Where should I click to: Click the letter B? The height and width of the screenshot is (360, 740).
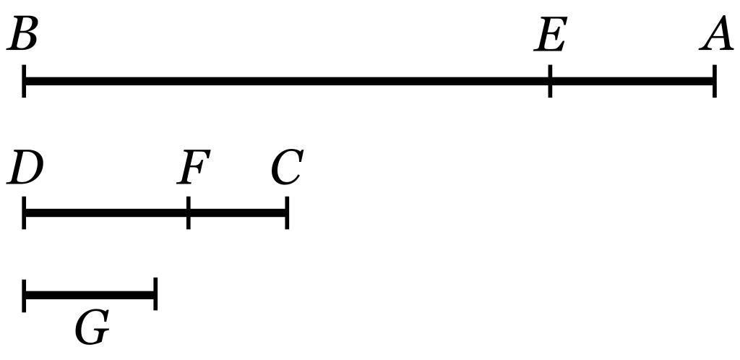pos(22,35)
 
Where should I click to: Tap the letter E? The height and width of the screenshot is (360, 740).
pos(550,35)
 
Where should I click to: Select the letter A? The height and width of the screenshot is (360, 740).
pos(717,35)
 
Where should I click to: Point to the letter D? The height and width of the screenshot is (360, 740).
pos(25,169)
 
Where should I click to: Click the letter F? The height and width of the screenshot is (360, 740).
pos(194,169)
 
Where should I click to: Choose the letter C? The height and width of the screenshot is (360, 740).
pos(287,169)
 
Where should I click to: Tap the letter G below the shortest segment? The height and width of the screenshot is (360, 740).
pos(92,329)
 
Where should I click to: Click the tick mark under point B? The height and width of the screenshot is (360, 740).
pos(25,80)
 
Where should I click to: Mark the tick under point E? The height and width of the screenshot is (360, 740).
pos(550,80)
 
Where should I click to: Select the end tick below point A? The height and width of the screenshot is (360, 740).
pos(714,80)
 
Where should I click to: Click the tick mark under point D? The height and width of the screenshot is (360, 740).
pos(25,213)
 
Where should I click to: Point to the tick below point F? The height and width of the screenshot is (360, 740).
pos(189,213)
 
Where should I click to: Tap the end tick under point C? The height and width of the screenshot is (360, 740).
pos(287,213)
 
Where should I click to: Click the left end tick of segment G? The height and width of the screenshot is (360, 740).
pos(25,295)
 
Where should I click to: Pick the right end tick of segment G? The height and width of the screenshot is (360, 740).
pos(155,295)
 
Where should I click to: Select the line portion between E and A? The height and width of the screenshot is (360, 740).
pos(632,80)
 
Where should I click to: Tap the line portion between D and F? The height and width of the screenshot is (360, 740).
pos(106,213)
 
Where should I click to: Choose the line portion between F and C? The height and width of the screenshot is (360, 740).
pos(238,213)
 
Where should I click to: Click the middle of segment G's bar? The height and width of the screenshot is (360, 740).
pos(90,295)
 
